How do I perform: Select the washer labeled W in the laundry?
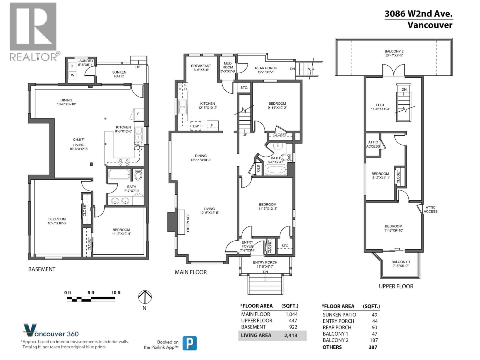coord(73,75)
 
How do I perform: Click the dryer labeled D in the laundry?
coord(72,66)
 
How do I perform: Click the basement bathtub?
coord(119,174)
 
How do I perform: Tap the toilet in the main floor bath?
coord(285,157)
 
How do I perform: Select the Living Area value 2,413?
coord(290,335)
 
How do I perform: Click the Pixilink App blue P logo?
coord(190,343)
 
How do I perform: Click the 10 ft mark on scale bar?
coord(116,292)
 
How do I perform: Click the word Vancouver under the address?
coord(430,25)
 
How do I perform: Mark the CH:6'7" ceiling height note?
coord(79,139)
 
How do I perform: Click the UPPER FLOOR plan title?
coord(396,286)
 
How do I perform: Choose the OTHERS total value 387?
coord(373,347)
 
